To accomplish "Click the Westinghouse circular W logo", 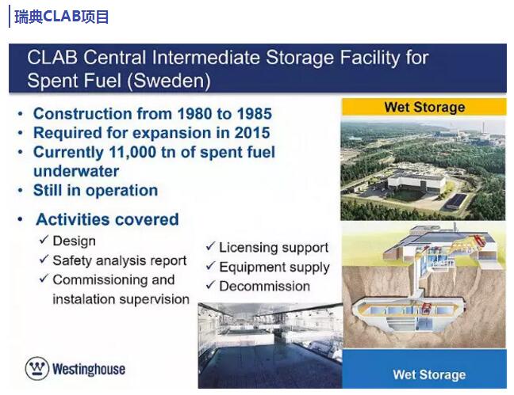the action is (37, 368).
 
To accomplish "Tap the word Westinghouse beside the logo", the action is (89, 369).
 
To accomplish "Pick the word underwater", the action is (76, 171).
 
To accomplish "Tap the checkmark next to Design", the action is (44, 240).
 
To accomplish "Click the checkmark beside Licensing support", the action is (210, 246).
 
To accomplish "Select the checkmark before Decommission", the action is (210, 285).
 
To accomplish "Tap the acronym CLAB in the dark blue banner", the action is (52, 57).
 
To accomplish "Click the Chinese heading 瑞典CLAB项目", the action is (61, 17).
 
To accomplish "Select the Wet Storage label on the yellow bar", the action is (424, 107).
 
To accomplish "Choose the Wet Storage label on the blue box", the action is (429, 374).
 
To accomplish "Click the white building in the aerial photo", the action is (416, 182).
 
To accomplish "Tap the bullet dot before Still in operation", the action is (21, 191).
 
